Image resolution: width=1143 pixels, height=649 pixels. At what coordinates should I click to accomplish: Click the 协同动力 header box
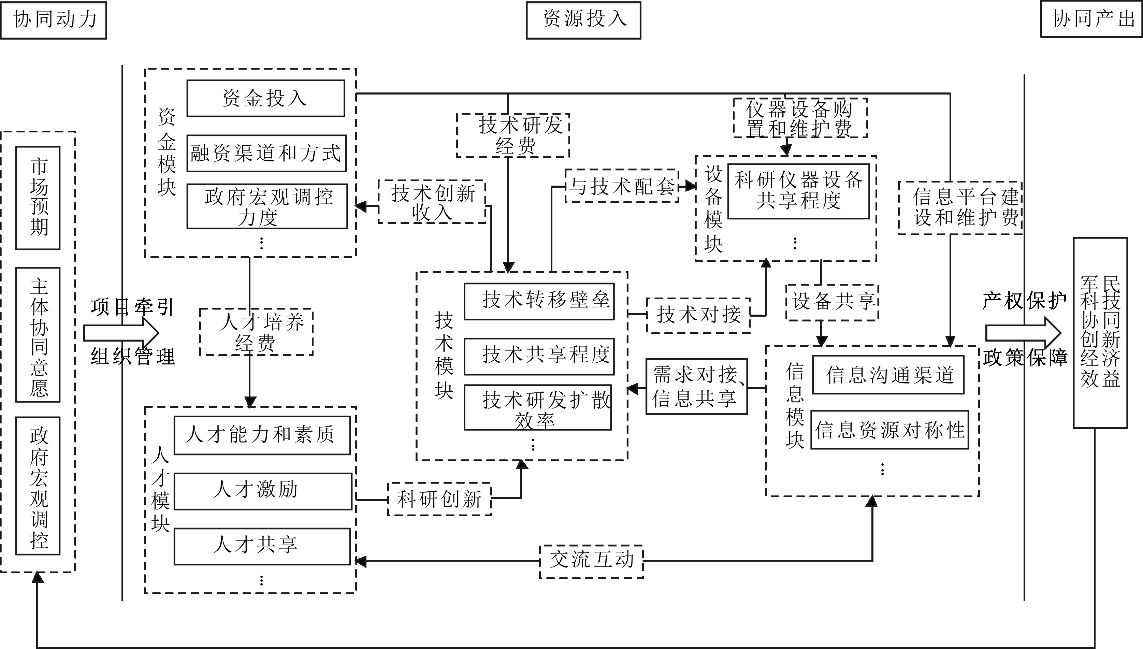click(x=54, y=20)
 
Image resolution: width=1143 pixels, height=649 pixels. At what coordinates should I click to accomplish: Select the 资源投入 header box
click(x=583, y=20)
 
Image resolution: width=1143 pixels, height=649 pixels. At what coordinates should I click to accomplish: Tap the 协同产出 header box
click(x=1091, y=19)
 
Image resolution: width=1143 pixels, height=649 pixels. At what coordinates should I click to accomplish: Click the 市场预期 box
click(x=38, y=198)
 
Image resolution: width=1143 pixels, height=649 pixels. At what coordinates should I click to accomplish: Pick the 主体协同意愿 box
click(x=38, y=335)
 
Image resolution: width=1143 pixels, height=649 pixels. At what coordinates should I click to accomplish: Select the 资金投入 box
click(x=265, y=98)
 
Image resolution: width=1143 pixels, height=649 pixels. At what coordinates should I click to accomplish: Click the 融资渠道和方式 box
click(x=266, y=153)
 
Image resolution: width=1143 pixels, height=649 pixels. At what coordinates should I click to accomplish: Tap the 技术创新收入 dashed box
click(x=432, y=201)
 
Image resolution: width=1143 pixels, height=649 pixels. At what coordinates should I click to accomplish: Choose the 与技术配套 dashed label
click(x=622, y=186)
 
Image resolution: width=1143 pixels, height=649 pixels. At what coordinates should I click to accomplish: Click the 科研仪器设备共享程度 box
click(x=798, y=191)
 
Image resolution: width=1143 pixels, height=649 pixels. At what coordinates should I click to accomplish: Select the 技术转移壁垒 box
click(x=539, y=301)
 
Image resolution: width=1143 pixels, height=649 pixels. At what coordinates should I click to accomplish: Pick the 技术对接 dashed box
click(x=698, y=315)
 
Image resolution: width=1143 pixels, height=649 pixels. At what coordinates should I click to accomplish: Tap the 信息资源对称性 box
click(x=889, y=430)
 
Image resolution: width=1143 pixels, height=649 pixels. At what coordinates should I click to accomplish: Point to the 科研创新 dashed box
click(x=439, y=499)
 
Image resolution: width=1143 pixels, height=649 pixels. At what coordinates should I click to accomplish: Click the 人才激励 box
click(x=263, y=491)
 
